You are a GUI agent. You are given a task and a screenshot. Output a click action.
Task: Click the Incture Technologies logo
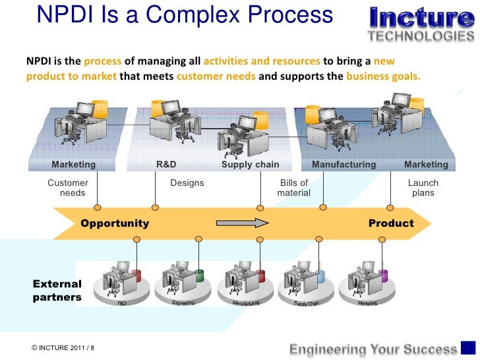tap(421, 23)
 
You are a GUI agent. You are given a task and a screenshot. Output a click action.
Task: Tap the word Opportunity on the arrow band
tap(115, 224)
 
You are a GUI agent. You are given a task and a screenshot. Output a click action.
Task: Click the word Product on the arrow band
tap(391, 224)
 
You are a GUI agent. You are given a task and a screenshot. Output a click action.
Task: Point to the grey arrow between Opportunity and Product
tap(242, 223)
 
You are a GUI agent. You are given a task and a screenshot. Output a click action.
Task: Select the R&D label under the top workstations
tap(166, 165)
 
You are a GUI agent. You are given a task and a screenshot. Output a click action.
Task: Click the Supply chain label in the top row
tap(250, 165)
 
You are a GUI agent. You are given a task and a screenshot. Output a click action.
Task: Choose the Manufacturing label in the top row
tap(344, 165)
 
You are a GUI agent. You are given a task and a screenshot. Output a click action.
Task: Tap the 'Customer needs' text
tap(69, 188)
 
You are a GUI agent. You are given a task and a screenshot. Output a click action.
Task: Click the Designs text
tap(187, 183)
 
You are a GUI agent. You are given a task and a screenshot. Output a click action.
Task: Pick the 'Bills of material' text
tap(294, 188)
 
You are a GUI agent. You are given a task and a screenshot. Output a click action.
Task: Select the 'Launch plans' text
tap(423, 188)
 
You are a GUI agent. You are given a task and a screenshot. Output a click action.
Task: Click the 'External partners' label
tap(57, 291)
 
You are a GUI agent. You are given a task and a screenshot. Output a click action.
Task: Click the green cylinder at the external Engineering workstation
tap(198, 274)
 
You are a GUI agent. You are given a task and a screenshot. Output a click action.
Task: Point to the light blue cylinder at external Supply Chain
tap(320, 276)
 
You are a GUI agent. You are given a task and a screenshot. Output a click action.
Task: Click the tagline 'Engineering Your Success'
tap(374, 349)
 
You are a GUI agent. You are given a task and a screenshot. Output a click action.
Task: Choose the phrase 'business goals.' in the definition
tap(382, 76)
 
